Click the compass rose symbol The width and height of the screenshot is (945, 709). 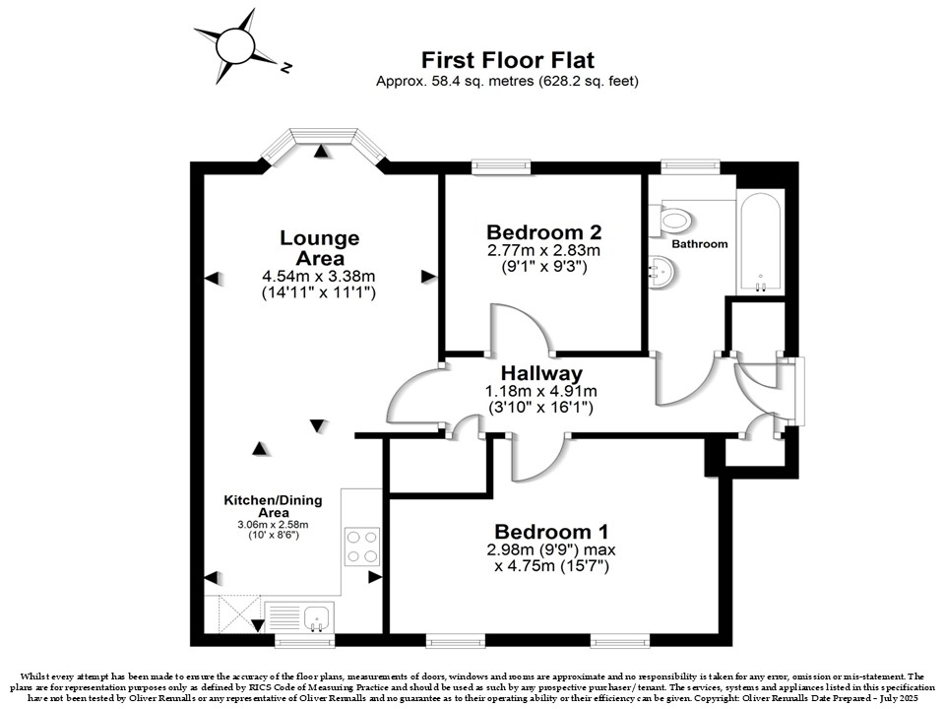coord(236,46)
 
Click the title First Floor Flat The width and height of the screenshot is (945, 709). coord(508,60)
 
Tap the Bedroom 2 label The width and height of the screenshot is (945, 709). coord(543,232)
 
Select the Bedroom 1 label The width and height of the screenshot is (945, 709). coord(551,532)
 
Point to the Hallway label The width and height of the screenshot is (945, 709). coord(541,374)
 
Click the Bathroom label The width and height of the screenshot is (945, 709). coord(700,244)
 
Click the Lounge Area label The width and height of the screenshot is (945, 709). coord(319,248)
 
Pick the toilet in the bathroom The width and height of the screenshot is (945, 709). coord(670,219)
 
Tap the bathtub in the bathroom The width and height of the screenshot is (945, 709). coord(761,243)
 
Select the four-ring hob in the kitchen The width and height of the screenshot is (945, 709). coord(362,547)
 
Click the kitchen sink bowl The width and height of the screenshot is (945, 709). coord(316,618)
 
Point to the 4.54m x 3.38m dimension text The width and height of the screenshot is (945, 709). coord(318,277)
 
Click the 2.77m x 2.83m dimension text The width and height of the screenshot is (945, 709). coord(543,250)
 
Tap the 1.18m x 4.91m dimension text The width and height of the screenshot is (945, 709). coord(541,391)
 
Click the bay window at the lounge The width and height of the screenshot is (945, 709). coord(324,144)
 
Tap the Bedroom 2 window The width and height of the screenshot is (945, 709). coord(501,167)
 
